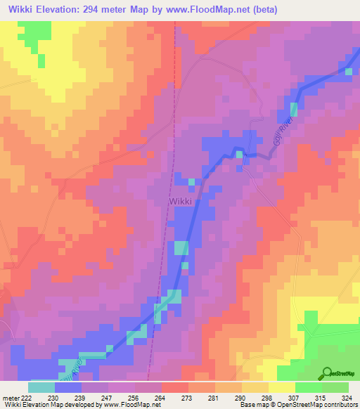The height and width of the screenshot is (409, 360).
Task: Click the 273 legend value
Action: click(x=186, y=398)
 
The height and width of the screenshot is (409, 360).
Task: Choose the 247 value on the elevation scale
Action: click(x=106, y=398)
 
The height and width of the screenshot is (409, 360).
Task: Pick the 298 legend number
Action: click(x=266, y=398)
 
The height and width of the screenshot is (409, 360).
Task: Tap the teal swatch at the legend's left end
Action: click(x=41, y=387)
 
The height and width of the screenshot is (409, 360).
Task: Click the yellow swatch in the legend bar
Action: click(x=282, y=387)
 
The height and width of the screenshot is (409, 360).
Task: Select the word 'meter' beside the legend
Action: click(x=10, y=398)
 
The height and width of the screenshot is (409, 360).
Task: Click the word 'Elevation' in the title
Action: click(x=57, y=10)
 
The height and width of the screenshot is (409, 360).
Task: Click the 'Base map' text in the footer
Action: click(x=252, y=405)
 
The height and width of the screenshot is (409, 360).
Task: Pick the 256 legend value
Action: click(x=133, y=398)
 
